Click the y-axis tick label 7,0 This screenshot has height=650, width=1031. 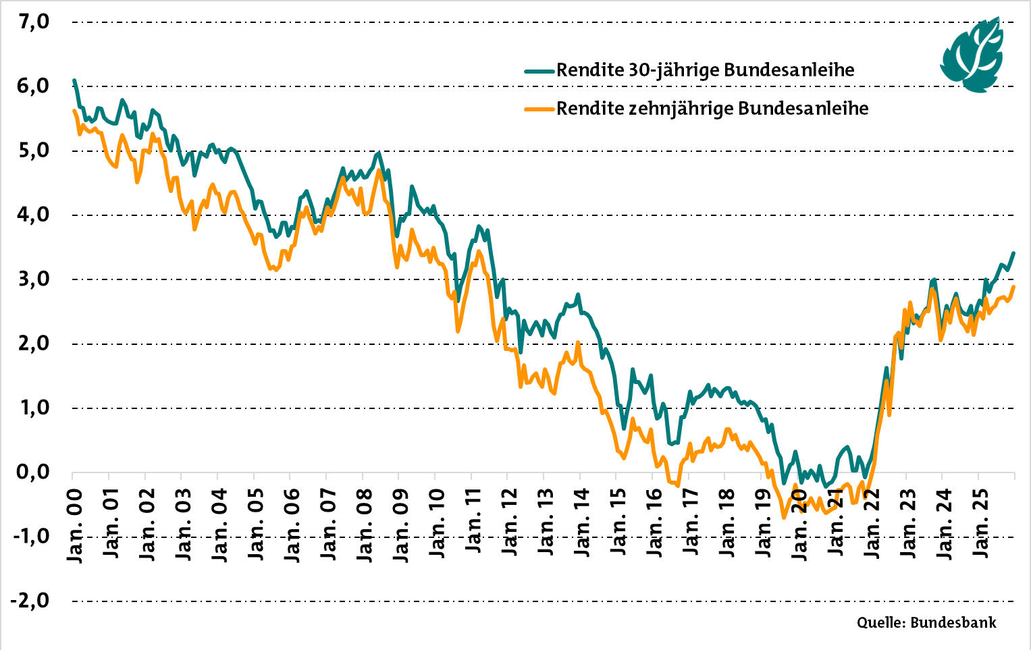33,22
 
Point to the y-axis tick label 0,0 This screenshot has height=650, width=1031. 33,472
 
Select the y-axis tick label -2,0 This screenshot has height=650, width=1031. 30,600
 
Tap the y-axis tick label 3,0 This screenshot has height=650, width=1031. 33,279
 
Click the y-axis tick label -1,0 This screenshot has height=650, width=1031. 30,536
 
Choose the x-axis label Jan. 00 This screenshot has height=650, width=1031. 74,524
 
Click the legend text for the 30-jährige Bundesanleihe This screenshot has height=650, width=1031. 705,70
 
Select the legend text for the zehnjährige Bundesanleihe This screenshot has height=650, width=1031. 712,109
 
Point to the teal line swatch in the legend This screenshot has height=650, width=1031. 539,70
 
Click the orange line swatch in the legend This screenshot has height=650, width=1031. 539,109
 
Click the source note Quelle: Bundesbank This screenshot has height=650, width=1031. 926,622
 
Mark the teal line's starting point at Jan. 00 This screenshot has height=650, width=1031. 74,80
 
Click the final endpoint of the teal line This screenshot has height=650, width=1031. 1013,253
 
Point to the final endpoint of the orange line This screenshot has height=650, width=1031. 1013,287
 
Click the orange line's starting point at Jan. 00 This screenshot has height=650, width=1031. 74,111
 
